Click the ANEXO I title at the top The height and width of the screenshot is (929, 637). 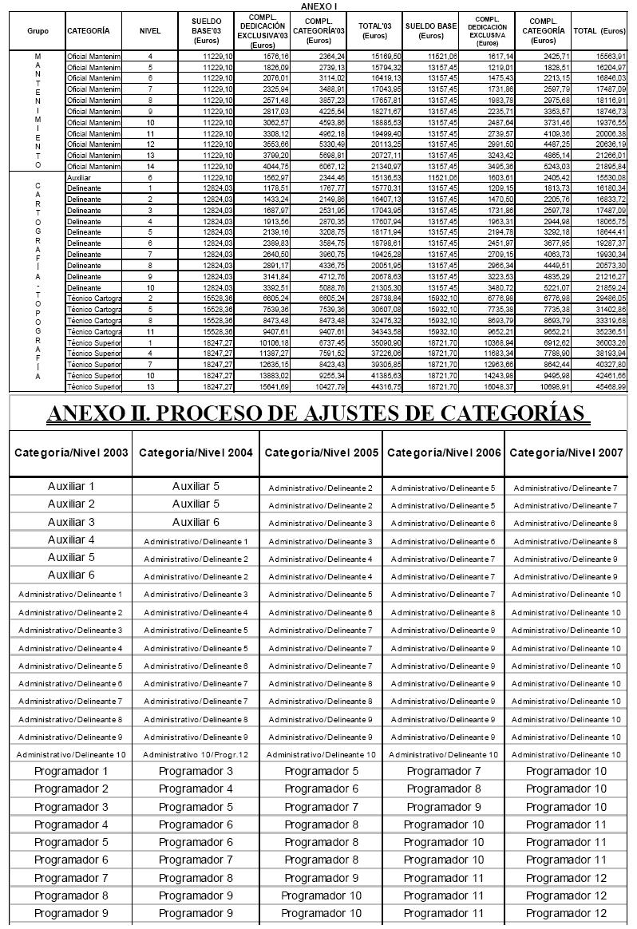(x=318, y=5)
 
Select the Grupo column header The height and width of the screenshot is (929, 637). (x=37, y=30)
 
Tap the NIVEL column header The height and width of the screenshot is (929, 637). (x=150, y=30)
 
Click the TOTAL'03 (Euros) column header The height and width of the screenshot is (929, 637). (x=374, y=30)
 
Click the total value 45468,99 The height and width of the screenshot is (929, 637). (x=610, y=387)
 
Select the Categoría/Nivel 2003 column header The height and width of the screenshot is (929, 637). (x=71, y=453)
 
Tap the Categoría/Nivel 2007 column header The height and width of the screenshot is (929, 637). (x=567, y=453)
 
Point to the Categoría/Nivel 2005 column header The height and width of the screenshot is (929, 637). (x=321, y=453)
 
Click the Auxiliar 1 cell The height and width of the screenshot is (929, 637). (x=71, y=485)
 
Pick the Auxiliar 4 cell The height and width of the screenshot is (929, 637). (x=71, y=539)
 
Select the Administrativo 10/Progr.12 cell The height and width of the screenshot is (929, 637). (x=196, y=754)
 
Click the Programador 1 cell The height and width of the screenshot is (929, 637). (x=71, y=771)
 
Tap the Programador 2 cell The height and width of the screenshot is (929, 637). (x=71, y=789)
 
